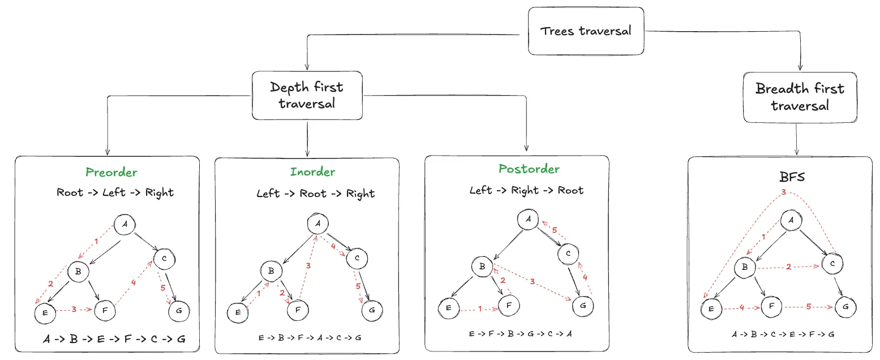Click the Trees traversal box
pyautogui.click(x=586, y=31)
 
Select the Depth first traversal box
pyautogui.click(x=307, y=96)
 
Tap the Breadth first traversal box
pyautogui.click(x=800, y=97)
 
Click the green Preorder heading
pyautogui.click(x=111, y=172)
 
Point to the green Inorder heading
pyautogui.click(x=313, y=172)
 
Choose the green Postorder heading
pyautogui.click(x=529, y=169)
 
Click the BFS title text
pyautogui.click(x=792, y=177)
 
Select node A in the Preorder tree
pyautogui.click(x=125, y=224)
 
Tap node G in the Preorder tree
pyautogui.click(x=179, y=311)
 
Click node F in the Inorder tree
pyautogui.click(x=298, y=310)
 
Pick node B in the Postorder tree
pyautogui.click(x=482, y=267)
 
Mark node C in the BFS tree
pyautogui.click(x=832, y=264)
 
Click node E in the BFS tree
pyautogui.click(x=711, y=309)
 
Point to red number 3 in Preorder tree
pyautogui.click(x=74, y=310)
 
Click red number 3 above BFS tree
pyautogui.click(x=783, y=192)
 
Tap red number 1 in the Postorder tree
pyautogui.click(x=480, y=309)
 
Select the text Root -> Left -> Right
pyautogui.click(x=115, y=192)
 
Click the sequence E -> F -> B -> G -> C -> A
pyautogui.click(x=521, y=333)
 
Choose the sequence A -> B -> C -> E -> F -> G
pyautogui.click(x=783, y=335)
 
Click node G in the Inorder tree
pyautogui.click(x=372, y=310)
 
